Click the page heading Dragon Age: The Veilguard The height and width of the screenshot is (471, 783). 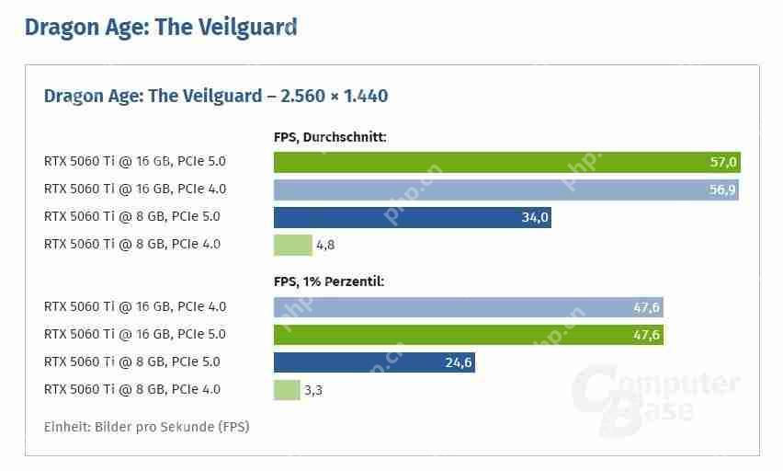[160, 27]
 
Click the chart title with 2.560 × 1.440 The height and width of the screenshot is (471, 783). [216, 96]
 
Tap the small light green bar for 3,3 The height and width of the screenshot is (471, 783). [286, 390]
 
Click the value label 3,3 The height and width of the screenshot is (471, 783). [313, 390]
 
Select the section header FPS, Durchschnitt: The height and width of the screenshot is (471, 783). [330, 137]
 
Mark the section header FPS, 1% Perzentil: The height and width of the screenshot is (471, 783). [329, 281]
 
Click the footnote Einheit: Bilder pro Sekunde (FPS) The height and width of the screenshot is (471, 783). [146, 427]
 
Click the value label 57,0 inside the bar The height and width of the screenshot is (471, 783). [722, 162]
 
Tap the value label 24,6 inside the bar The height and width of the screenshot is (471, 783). [458, 362]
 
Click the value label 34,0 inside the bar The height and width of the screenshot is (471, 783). [534, 217]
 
